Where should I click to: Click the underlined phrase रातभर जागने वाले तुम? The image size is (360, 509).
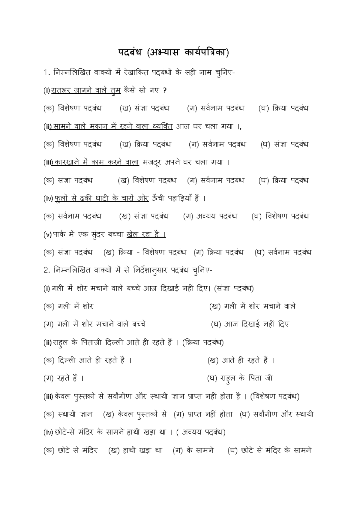(86, 90)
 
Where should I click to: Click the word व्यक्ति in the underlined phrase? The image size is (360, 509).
(162, 126)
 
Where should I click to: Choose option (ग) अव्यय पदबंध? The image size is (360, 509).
(210, 216)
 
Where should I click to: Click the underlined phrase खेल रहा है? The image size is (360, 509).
(146, 234)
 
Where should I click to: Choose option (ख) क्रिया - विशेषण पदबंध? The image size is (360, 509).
(145, 252)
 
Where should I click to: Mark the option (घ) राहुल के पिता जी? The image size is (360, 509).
(240, 378)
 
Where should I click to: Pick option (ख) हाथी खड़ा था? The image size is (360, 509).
(135, 450)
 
